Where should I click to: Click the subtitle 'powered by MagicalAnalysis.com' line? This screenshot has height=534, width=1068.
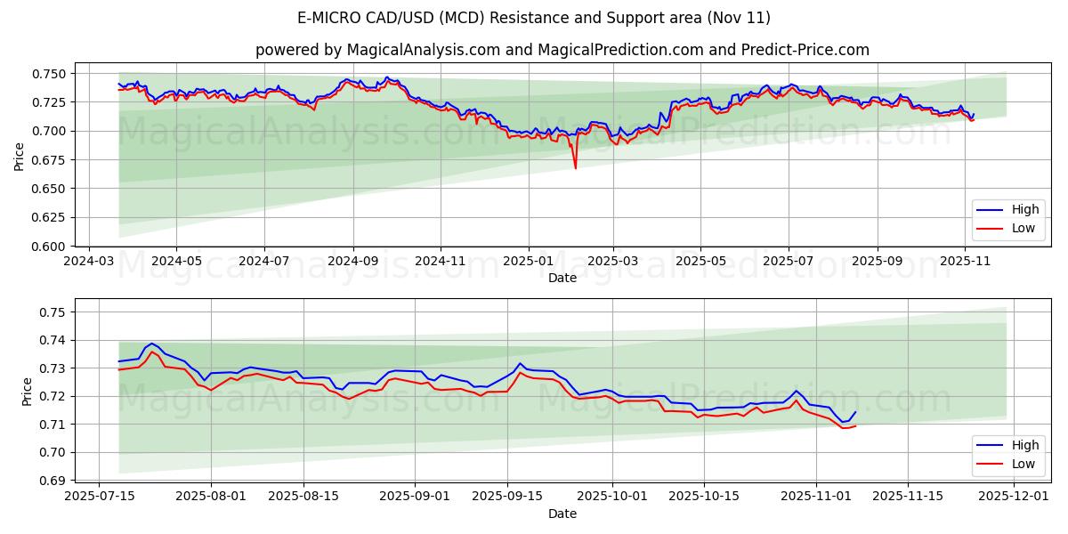coord(562,50)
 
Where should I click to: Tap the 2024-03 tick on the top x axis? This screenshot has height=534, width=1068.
coord(89,261)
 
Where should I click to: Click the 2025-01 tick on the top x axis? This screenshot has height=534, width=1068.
coord(529,261)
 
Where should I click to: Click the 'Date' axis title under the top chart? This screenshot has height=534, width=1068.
coord(562,278)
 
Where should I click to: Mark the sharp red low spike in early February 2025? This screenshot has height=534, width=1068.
coord(575,167)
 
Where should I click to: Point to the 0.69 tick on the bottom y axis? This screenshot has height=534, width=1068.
coord(54,481)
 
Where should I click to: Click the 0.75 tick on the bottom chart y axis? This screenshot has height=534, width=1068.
coord(54,312)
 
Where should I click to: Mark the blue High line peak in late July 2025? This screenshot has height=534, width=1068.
coord(151,344)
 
